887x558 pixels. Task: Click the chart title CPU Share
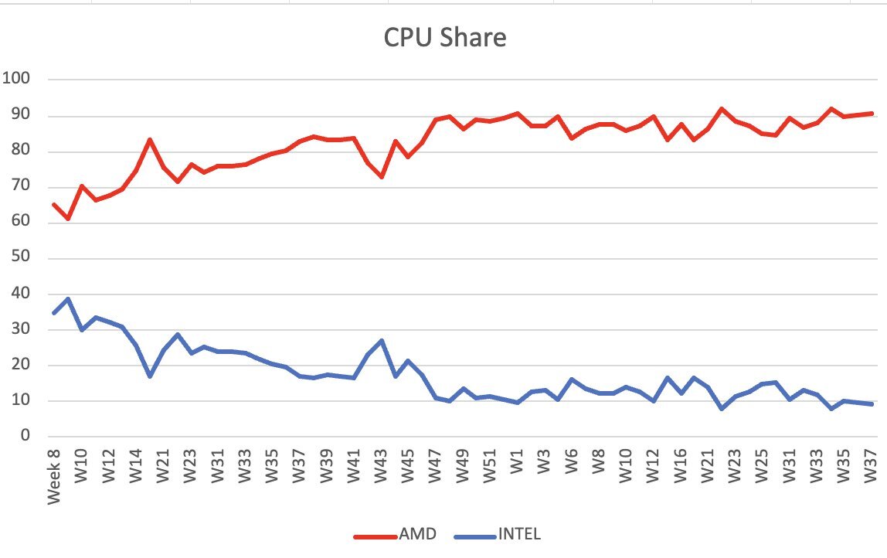(444, 37)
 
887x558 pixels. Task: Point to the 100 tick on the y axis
(16, 79)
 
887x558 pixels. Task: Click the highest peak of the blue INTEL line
(68, 298)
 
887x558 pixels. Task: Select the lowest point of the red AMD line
(68, 219)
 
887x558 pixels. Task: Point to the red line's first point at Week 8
(54, 204)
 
